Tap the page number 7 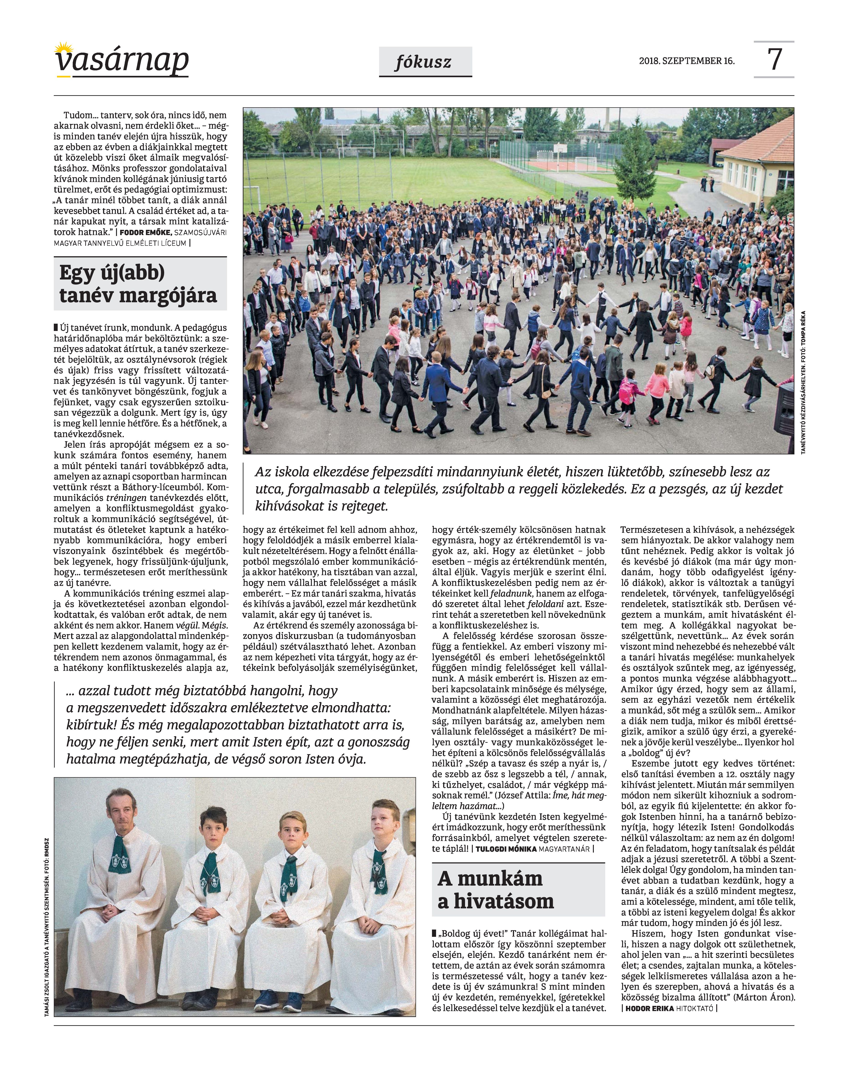pyautogui.click(x=774, y=59)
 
